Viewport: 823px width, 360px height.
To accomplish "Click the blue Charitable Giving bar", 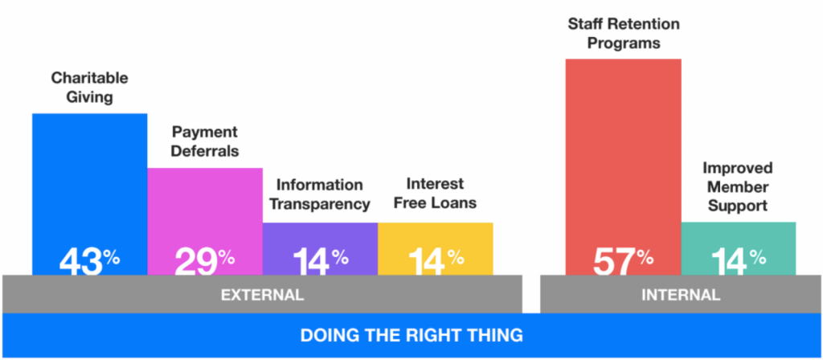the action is (x=90, y=194).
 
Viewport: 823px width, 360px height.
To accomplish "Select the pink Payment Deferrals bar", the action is (x=205, y=222).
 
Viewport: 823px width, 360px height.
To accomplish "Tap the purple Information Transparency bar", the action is (x=320, y=249).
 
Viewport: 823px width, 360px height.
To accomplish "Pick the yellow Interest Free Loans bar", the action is (x=435, y=249).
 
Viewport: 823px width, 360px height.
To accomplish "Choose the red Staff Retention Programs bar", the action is (x=623, y=167).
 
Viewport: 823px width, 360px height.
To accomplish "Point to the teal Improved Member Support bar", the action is (x=739, y=248).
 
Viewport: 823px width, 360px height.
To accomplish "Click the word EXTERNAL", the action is (x=262, y=295).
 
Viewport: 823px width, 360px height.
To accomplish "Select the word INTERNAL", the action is (x=681, y=295).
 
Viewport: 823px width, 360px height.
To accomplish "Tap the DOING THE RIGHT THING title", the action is (x=411, y=335).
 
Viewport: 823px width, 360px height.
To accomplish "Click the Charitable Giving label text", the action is (x=90, y=88).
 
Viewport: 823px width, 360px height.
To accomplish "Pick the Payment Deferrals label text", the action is (x=206, y=141).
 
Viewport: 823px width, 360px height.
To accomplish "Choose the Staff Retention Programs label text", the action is (x=624, y=34).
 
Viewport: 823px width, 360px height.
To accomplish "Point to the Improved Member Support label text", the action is (x=738, y=186).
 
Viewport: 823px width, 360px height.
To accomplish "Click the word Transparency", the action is (x=320, y=203).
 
